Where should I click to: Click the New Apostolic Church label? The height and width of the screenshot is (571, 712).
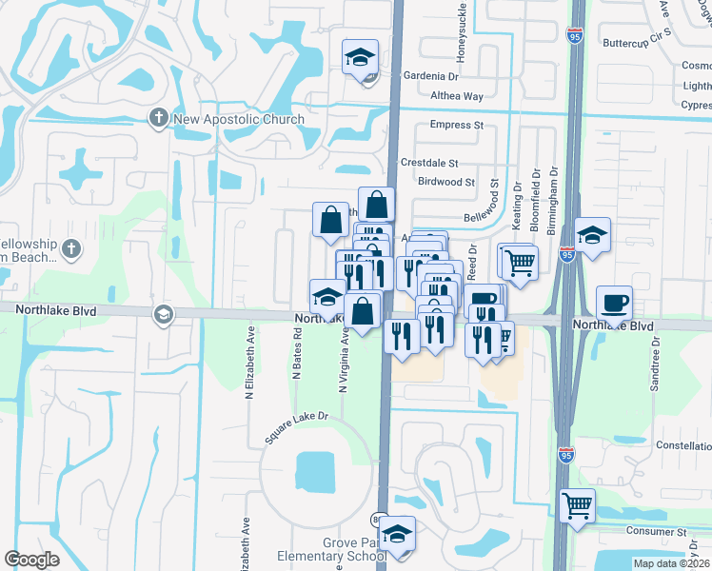pos(238,119)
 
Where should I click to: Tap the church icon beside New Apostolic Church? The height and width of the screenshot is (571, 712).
pos(158,118)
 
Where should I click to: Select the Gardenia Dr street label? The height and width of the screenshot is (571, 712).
pos(431,76)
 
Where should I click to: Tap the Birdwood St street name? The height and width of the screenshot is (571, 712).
pos(445,182)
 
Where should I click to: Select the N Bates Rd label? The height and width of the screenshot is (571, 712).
pos(297,355)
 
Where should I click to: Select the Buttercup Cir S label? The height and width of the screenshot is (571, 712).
pos(637,44)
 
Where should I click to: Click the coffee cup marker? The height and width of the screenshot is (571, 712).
pos(614,302)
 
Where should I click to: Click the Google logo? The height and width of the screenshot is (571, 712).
pos(32,559)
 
